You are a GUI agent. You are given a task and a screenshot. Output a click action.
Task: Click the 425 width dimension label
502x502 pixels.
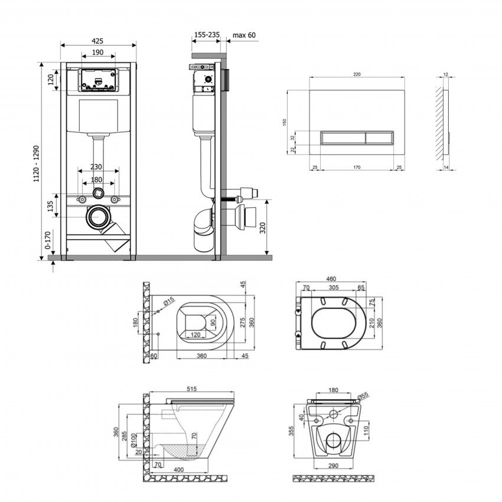pos(98,40)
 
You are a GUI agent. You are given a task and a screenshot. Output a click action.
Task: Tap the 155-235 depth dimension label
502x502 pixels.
pos(207,35)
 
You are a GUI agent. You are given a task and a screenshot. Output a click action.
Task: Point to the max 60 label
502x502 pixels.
pos(244,35)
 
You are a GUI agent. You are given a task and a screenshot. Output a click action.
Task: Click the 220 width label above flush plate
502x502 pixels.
pos(357,74)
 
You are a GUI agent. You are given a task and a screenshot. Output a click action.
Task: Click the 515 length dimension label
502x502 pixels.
pos(191,389)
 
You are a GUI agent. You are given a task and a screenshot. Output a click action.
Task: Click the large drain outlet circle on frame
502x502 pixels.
pos(96,218)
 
